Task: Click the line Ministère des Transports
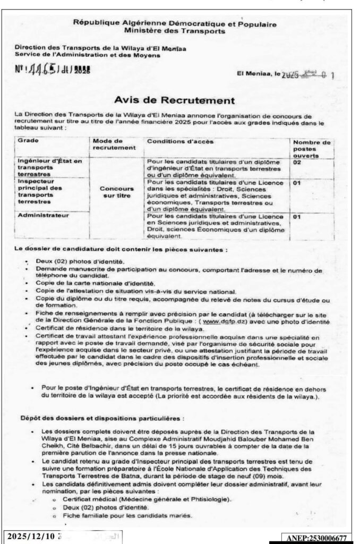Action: pos(175,31)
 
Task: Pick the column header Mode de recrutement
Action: pos(111,145)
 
